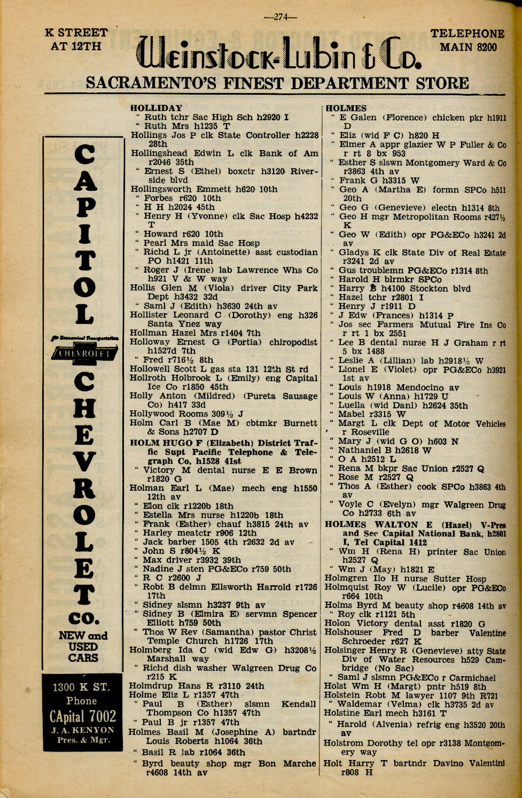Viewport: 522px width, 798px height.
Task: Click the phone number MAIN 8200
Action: (x=468, y=48)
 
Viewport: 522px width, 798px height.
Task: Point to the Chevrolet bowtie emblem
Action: (x=83, y=353)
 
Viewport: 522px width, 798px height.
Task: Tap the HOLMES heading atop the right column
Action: (x=346, y=108)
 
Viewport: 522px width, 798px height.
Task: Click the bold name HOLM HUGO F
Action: (x=173, y=443)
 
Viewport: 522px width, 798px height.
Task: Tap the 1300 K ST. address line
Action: (x=82, y=687)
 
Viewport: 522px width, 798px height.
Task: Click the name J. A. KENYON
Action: (x=82, y=730)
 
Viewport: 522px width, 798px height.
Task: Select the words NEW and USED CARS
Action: (x=83, y=646)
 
